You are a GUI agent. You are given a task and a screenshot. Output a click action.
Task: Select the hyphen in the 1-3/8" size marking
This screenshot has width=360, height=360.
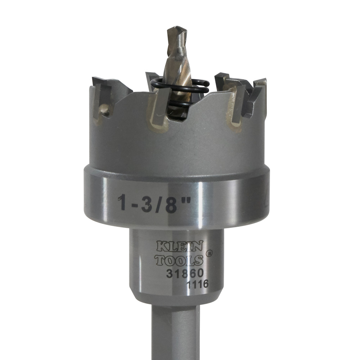(x=134, y=205)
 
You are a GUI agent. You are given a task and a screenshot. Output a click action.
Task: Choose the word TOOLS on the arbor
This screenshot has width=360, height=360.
(x=179, y=260)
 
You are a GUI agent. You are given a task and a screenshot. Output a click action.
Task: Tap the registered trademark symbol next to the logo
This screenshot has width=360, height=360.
(x=209, y=253)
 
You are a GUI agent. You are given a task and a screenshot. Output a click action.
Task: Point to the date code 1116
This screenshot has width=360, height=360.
(x=197, y=284)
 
